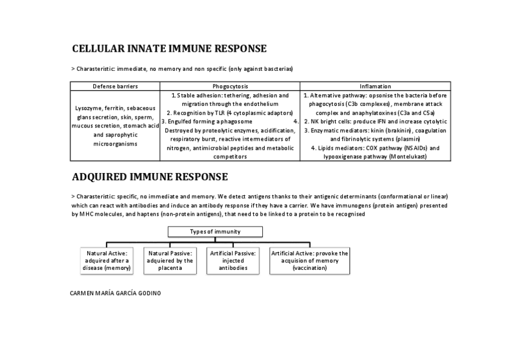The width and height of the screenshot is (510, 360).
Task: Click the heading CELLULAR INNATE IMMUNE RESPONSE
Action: click(169, 49)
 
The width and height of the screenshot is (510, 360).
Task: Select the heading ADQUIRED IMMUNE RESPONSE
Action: click(150, 177)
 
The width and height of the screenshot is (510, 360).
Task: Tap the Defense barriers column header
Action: click(115, 87)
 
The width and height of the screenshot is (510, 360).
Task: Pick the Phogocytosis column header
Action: click(230, 87)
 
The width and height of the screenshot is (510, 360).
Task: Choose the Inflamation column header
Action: click(375, 87)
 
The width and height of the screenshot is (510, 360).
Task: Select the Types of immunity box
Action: click(215, 231)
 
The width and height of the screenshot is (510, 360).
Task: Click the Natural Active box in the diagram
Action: click(107, 261)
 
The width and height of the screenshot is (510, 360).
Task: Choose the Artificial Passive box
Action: click(233, 261)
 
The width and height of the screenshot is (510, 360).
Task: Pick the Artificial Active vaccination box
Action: click(310, 261)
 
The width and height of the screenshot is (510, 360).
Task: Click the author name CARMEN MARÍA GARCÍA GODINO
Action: click(116, 293)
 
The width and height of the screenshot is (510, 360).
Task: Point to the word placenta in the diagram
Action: click(170, 269)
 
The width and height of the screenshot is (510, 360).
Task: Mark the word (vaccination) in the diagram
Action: click(310, 269)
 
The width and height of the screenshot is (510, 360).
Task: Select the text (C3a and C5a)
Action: click(415, 113)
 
